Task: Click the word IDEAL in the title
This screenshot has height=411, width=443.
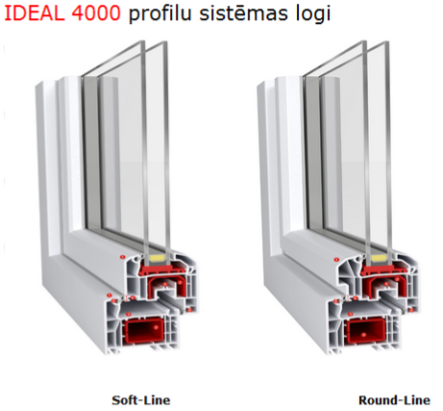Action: click(34, 13)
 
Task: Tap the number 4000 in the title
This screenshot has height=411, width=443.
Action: click(96, 13)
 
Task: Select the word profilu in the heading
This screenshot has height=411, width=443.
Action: click(160, 14)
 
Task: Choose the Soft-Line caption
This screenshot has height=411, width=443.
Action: click(141, 400)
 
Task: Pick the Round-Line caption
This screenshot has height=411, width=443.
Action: click(394, 400)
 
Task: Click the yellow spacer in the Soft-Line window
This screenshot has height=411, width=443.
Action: click(157, 257)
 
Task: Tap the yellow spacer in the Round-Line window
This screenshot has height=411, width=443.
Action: click(380, 257)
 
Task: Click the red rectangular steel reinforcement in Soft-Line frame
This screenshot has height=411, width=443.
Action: click(144, 329)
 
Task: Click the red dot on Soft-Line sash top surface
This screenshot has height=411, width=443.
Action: click(122, 257)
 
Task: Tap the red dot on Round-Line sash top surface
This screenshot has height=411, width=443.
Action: click(336, 260)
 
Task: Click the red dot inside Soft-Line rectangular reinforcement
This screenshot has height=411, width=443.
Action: click(156, 327)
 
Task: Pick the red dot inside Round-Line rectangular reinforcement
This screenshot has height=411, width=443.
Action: click(363, 335)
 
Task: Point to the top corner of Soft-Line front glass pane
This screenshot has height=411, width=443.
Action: click(166, 41)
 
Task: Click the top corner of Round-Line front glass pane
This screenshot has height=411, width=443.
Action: click(388, 41)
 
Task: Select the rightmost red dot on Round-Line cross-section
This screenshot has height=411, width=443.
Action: click(411, 310)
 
